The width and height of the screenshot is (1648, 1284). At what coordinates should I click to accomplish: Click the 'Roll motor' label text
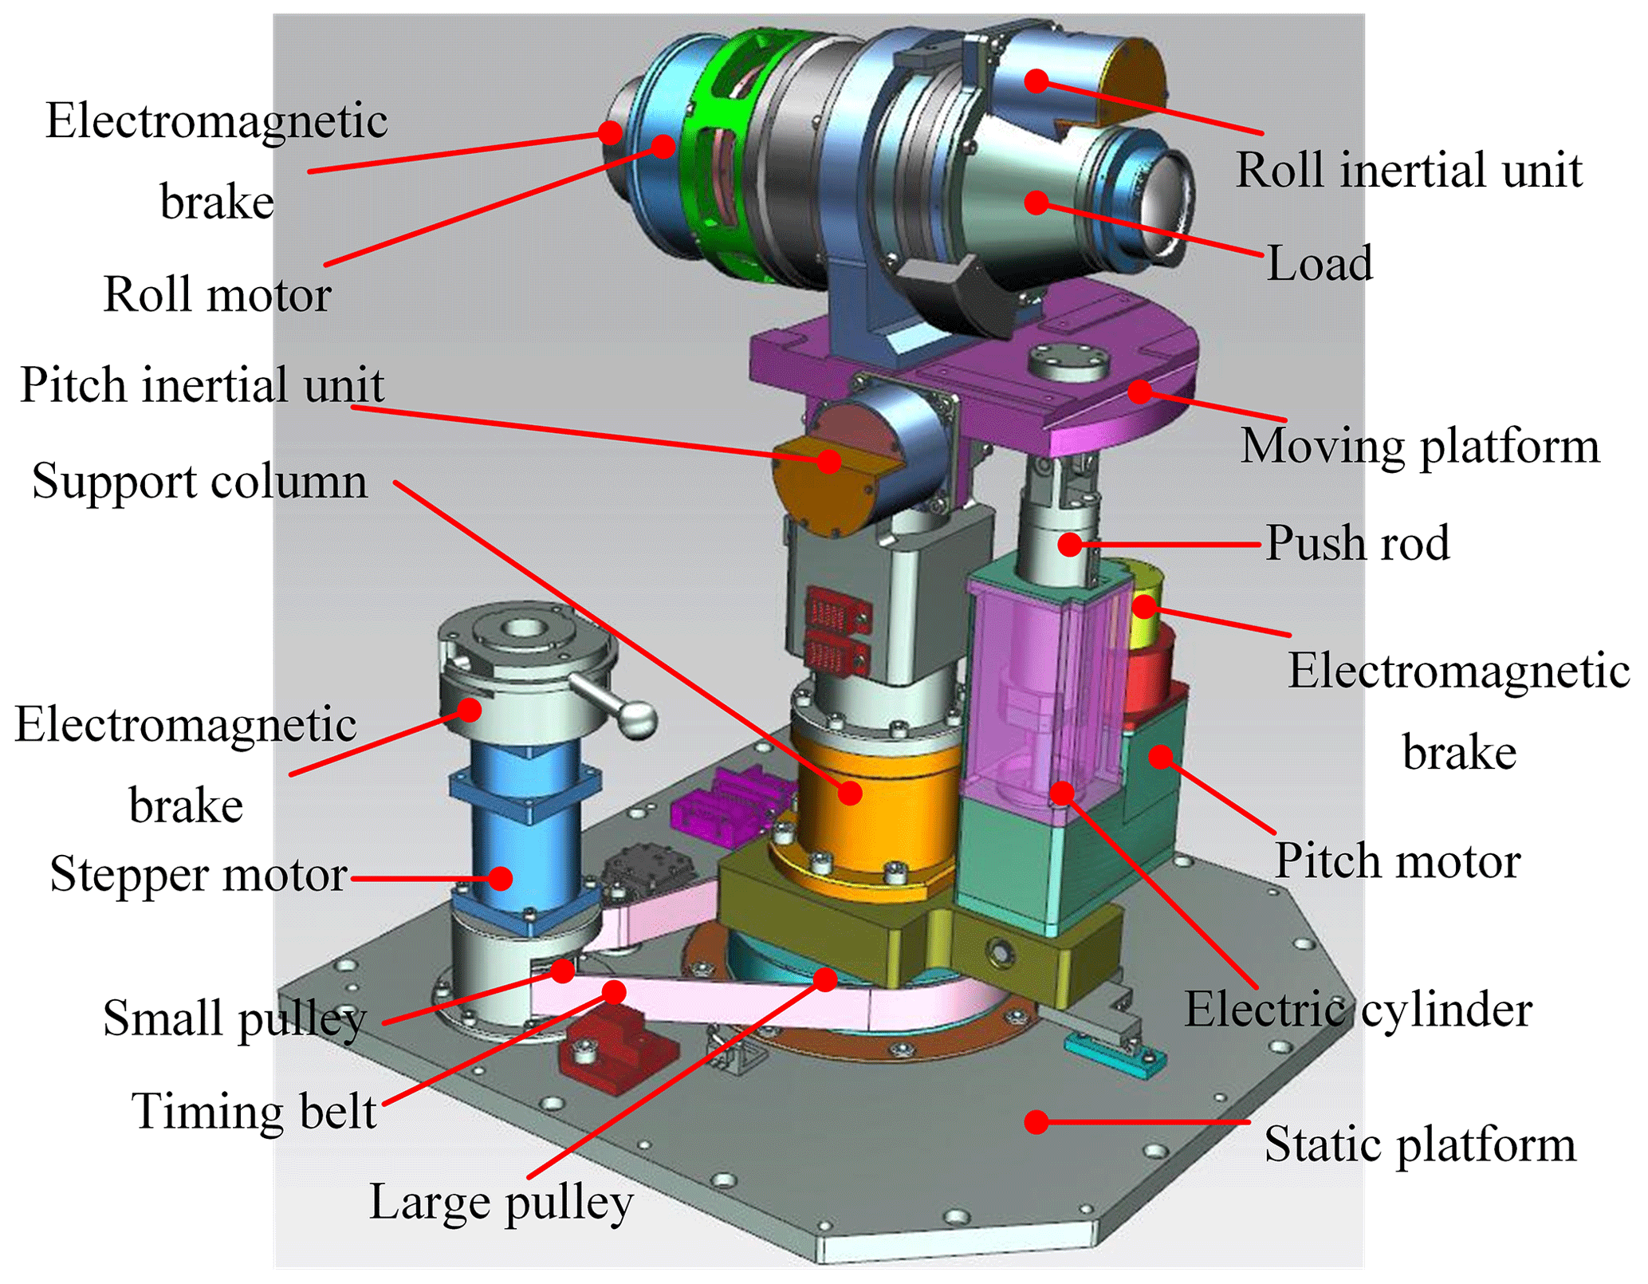tap(217, 295)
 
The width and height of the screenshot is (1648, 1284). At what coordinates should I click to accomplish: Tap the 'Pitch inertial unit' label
tap(202, 385)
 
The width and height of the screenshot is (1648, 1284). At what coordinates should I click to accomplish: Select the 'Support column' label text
tap(199, 482)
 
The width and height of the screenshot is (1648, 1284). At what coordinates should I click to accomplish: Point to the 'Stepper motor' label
tap(198, 875)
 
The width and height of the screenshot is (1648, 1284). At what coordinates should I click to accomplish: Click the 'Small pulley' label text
tap(234, 1019)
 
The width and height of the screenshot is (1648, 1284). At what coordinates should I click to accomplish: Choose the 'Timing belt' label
tap(254, 1112)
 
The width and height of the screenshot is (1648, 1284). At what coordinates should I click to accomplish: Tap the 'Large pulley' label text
tap(501, 1202)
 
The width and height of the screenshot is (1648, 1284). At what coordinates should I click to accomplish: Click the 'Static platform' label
tap(1420, 1145)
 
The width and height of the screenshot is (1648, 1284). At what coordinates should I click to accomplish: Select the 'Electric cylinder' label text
tap(1358, 1010)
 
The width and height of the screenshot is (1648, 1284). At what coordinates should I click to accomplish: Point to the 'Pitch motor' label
tap(1398, 862)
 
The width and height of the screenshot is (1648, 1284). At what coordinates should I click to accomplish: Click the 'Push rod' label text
tap(1357, 544)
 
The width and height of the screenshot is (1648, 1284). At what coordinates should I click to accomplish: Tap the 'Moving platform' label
tap(1420, 446)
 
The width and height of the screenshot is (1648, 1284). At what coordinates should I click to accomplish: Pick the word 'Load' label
tap(1320, 264)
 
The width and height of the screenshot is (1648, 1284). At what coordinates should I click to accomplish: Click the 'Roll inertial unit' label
tap(1409, 171)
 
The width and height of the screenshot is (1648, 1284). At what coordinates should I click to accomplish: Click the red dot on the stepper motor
tap(500, 878)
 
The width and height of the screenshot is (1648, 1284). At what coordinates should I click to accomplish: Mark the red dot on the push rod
tap(1070, 545)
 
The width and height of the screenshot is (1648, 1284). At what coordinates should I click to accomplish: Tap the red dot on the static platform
tap(1036, 1122)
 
